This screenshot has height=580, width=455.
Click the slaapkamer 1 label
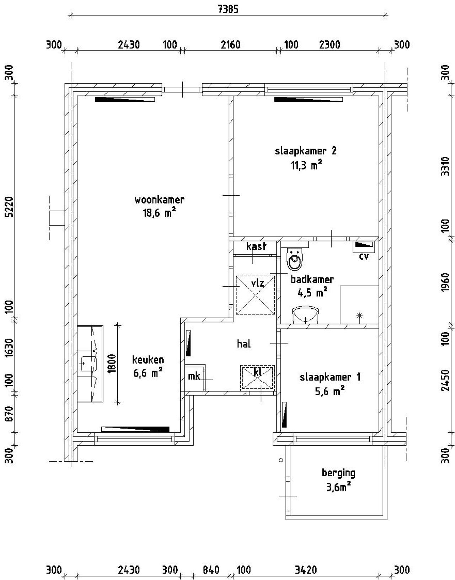[330, 377]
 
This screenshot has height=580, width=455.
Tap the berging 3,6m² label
[338, 480]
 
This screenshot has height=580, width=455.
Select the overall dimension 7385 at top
[228, 9]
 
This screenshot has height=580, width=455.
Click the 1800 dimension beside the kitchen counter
[112, 363]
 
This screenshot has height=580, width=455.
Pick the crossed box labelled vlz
[256, 295]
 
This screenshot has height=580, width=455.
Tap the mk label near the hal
[194, 376]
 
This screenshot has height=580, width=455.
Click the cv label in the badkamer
[364, 256]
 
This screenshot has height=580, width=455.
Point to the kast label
[256, 246]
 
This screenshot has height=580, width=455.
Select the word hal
[244, 344]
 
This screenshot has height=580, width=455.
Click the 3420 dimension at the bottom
[306, 570]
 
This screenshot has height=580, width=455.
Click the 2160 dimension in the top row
[230, 45]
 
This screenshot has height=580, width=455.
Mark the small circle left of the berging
[281, 460]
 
